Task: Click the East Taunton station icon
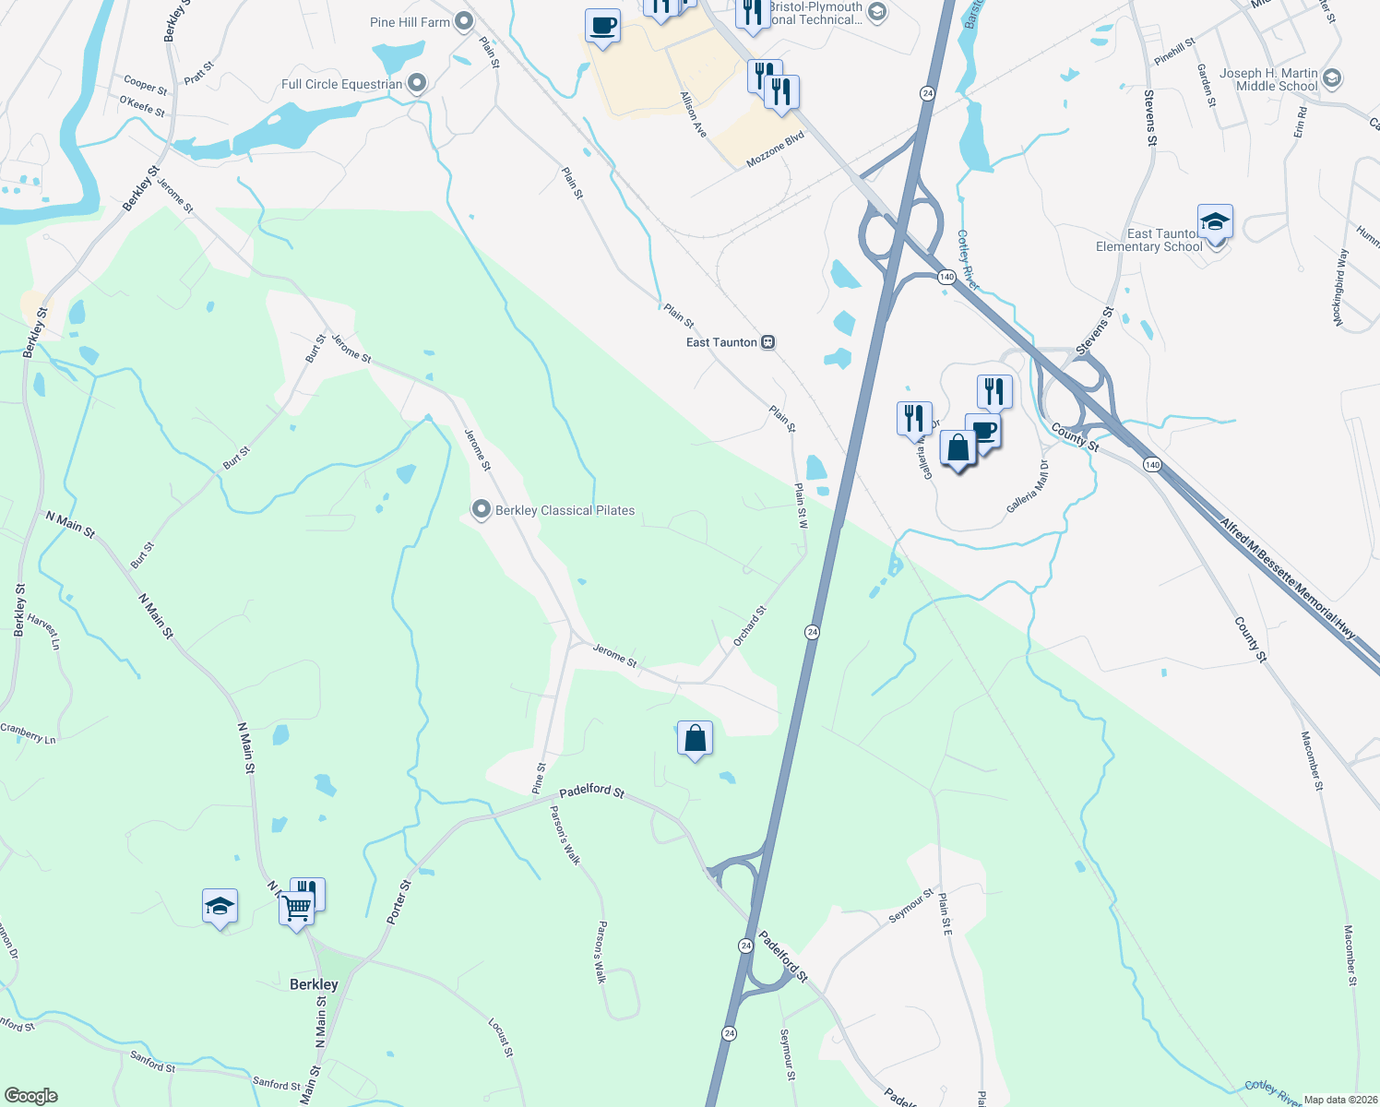[x=767, y=342]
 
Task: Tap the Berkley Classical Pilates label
[x=565, y=510]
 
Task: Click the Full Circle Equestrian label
[x=341, y=84]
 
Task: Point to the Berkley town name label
[x=314, y=984]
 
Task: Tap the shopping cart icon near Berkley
[x=297, y=909]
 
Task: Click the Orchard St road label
[x=750, y=625]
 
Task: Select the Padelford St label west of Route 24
[x=592, y=792]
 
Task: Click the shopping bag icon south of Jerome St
[x=695, y=739]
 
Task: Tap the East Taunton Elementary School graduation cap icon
[x=1215, y=223]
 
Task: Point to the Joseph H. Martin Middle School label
[x=1269, y=79]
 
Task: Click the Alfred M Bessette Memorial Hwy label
[x=1289, y=579]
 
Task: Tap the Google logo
[x=30, y=1096]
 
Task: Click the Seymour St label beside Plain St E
[x=910, y=905]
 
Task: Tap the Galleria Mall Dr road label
[x=1028, y=487]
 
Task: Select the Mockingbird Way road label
[x=1340, y=287]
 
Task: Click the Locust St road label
[x=499, y=1038]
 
